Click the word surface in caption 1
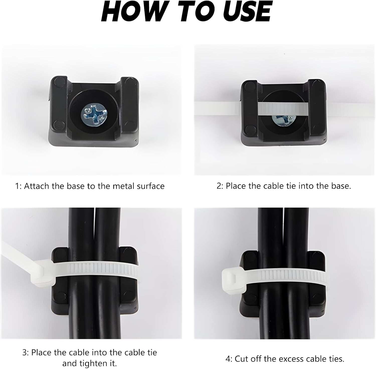151,187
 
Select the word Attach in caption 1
37,186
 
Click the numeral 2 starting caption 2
219,186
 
